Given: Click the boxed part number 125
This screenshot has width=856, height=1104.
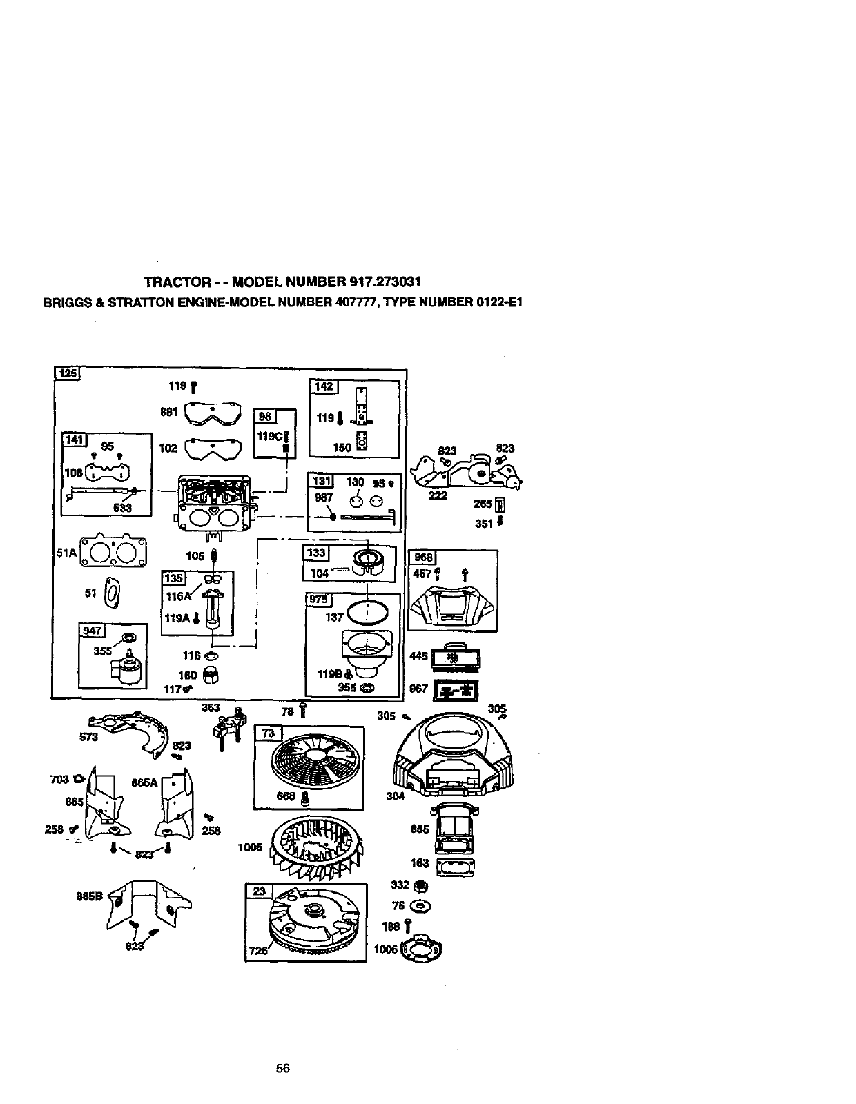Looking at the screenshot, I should pos(68,375).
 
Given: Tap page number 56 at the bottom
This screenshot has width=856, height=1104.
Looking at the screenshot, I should pos(282,1068).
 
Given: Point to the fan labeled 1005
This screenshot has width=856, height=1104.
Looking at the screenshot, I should pos(318,847).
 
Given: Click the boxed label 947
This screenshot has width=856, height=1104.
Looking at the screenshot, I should pos(92,630).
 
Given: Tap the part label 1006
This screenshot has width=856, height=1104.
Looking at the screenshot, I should pos(385,949).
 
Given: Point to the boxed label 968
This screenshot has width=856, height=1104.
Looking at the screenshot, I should pos(421,558).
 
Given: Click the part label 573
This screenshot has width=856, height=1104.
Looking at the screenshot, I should pos(89,736).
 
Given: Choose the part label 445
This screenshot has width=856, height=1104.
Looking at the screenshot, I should pos(418,655).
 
